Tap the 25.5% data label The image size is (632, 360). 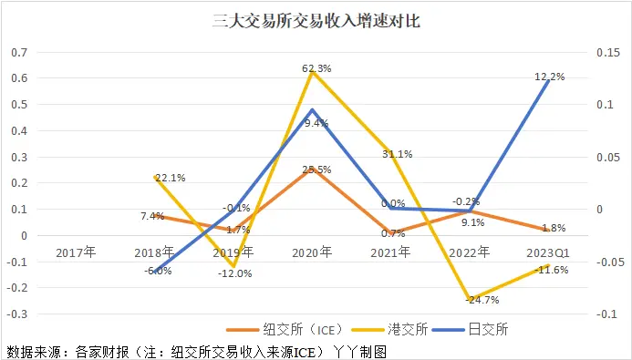(316, 170)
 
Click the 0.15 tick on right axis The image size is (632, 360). (606, 52)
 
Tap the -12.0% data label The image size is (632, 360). (236, 273)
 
